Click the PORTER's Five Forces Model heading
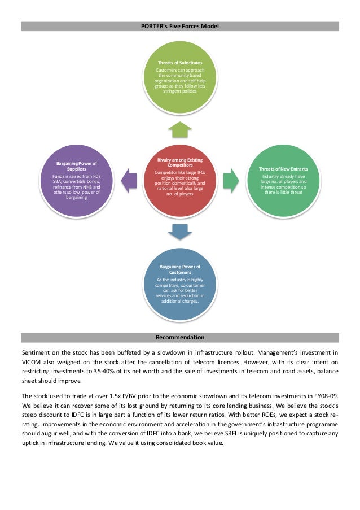pyautogui.click(x=180, y=27)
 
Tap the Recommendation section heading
pyautogui.click(x=180, y=338)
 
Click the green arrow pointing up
pyautogui.click(x=180, y=129)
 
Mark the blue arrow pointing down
pyautogui.click(x=180, y=230)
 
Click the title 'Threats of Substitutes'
pyautogui.click(x=180, y=62)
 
